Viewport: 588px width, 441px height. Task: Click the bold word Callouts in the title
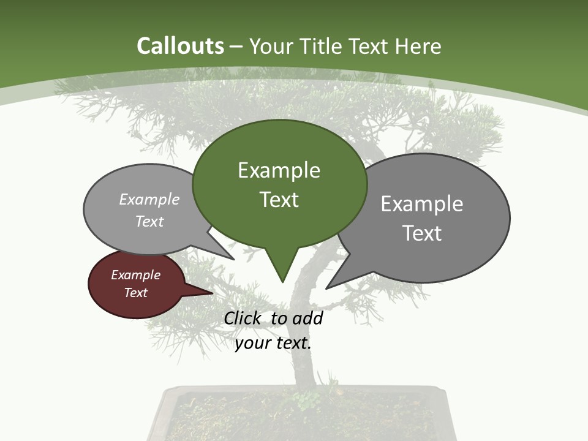point(180,47)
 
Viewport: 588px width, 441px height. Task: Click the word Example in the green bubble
point(279,170)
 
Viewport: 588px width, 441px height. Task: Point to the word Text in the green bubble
point(279,200)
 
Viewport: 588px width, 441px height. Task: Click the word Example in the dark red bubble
point(135,275)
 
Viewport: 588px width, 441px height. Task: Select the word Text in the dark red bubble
point(135,293)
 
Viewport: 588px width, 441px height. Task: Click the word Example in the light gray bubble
point(149,200)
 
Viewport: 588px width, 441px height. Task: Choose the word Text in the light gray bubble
point(149,221)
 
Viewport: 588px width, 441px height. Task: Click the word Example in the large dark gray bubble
point(422,204)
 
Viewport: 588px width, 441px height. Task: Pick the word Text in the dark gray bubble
point(422,233)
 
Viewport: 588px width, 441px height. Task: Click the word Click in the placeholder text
point(242,318)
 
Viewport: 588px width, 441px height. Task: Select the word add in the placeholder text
point(307,318)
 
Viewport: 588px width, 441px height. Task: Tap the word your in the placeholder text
point(253,343)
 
